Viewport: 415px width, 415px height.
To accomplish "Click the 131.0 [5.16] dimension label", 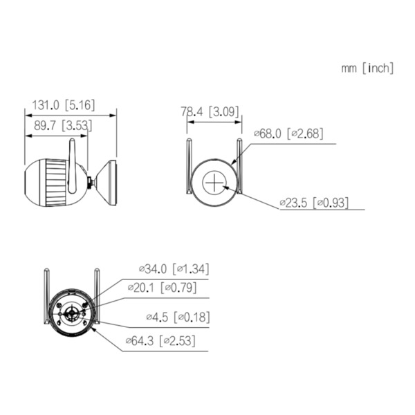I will pos(60,106).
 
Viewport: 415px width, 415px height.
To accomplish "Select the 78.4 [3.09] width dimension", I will pos(210,110).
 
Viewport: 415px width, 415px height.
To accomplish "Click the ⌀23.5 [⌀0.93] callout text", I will pos(313,203).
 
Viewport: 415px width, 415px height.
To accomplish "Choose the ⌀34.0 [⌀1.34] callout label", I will pos(174,268).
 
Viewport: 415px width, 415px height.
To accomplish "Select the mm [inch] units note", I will pos(367,68).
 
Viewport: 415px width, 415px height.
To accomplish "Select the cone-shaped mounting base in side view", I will pos(107,182).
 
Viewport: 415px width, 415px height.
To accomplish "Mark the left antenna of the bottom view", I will pos(46,297).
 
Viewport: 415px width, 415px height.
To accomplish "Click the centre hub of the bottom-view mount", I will pos(72,313).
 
